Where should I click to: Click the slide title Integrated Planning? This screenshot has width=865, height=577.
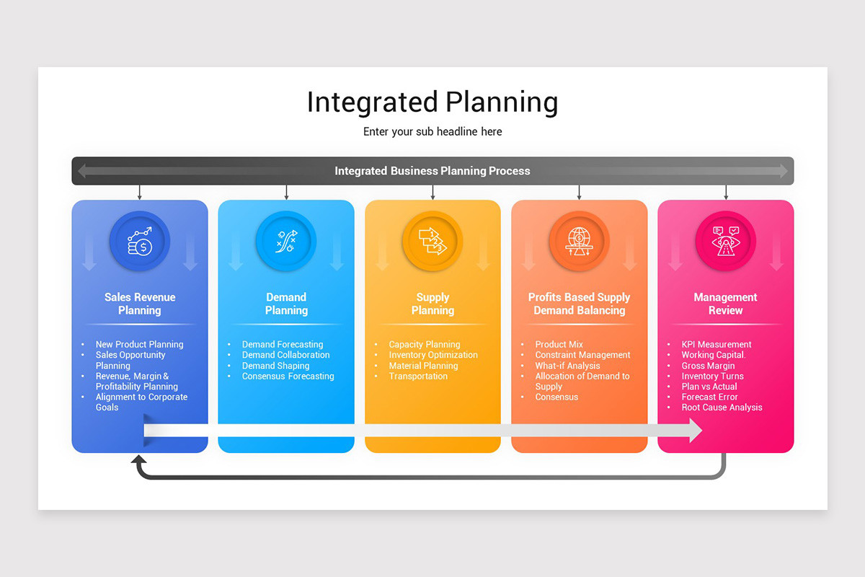tap(432, 102)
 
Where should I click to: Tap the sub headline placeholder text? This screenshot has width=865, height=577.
tap(432, 132)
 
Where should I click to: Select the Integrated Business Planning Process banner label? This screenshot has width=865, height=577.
tap(432, 171)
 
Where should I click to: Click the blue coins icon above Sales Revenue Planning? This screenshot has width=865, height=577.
tap(140, 241)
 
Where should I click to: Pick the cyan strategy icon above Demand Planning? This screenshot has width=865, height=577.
tap(286, 241)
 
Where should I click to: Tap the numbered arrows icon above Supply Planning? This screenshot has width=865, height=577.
tap(432, 241)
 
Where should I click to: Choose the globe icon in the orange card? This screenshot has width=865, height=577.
tap(579, 241)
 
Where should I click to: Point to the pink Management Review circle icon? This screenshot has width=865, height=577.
tap(725, 241)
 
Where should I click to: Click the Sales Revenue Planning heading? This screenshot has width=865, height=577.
tap(140, 304)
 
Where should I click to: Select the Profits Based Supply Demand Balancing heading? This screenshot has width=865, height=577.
tap(579, 304)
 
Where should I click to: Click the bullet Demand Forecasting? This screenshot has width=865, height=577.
tap(283, 345)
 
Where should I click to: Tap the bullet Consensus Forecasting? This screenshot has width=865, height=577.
tap(288, 376)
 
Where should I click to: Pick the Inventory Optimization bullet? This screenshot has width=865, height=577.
tap(433, 355)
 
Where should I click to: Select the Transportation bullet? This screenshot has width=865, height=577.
tap(418, 376)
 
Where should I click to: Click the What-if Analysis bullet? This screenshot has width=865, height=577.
tap(567, 366)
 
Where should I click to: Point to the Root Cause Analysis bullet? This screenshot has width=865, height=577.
tap(722, 408)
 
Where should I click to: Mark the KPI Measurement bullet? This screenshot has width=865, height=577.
tap(717, 345)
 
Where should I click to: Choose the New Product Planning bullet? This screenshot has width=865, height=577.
tap(139, 345)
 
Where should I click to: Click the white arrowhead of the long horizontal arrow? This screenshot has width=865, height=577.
tap(695, 431)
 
